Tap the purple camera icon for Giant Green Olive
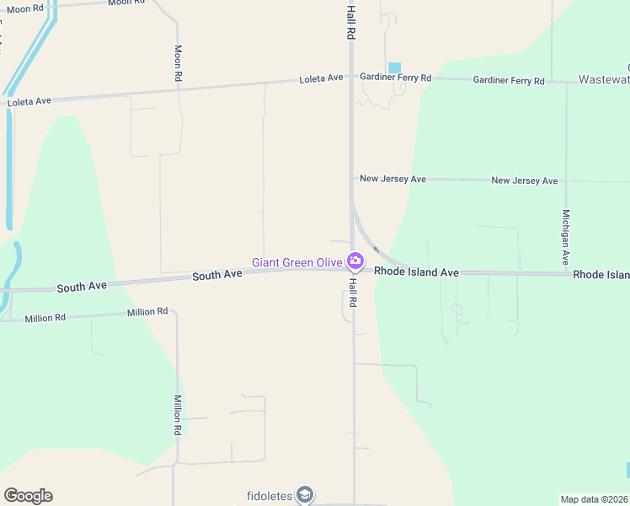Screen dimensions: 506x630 pyautogui.click(x=355, y=261)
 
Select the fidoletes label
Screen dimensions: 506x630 pyautogui.click(x=270, y=495)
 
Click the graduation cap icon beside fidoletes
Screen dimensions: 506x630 pyautogui.click(x=305, y=494)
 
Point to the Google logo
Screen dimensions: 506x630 pyautogui.click(x=28, y=496)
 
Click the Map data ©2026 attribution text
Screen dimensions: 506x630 pyautogui.click(x=594, y=498)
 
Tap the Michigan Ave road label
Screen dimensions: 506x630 pyautogui.click(x=566, y=237)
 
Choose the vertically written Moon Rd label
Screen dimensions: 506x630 pyautogui.click(x=178, y=63)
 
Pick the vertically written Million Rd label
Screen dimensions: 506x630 pyautogui.click(x=178, y=415)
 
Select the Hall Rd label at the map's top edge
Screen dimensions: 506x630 pyautogui.click(x=351, y=20)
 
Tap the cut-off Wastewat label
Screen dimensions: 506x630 pyautogui.click(x=604, y=79)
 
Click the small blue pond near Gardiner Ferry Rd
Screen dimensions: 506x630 pyautogui.click(x=394, y=67)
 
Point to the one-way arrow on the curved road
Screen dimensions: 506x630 pyautogui.click(x=376, y=249)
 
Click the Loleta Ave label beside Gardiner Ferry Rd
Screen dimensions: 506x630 pyautogui.click(x=321, y=78)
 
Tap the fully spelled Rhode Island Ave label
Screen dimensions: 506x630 pyautogui.click(x=416, y=272)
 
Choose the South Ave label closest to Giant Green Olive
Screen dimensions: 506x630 pyautogui.click(x=217, y=276)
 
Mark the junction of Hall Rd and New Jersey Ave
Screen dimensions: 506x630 pyautogui.click(x=352, y=178)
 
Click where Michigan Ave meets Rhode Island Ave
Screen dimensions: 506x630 pyautogui.click(x=566, y=273)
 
